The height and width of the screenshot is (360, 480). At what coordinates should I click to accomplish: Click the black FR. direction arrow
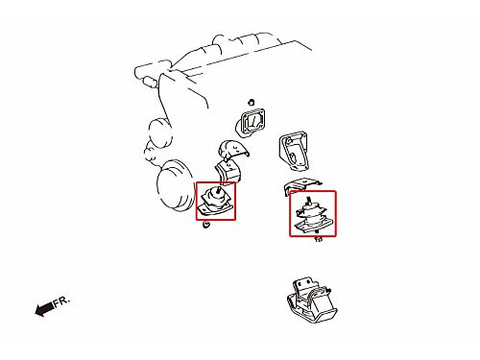(44, 309)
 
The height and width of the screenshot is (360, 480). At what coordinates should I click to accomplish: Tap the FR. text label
(61, 301)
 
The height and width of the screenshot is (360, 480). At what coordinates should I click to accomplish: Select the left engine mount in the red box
(215, 201)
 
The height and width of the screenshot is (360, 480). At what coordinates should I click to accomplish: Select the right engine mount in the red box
(312, 215)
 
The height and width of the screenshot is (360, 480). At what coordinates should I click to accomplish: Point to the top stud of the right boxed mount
(309, 201)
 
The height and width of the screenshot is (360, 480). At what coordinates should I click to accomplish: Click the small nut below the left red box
(206, 225)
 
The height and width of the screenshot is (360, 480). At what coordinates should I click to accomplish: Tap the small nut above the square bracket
(252, 103)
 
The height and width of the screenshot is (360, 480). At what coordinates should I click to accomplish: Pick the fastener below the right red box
(319, 239)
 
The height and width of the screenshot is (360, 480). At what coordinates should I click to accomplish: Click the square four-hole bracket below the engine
(251, 122)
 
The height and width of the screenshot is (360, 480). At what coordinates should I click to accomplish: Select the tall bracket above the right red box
(294, 151)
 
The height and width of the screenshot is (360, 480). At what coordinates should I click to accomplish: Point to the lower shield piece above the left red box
(228, 172)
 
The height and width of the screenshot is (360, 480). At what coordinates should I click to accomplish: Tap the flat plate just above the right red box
(301, 185)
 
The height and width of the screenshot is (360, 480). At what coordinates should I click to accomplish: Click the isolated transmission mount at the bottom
(312, 300)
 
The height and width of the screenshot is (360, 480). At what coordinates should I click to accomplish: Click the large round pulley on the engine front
(176, 185)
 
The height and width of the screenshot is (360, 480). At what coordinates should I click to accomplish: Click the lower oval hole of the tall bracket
(293, 158)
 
